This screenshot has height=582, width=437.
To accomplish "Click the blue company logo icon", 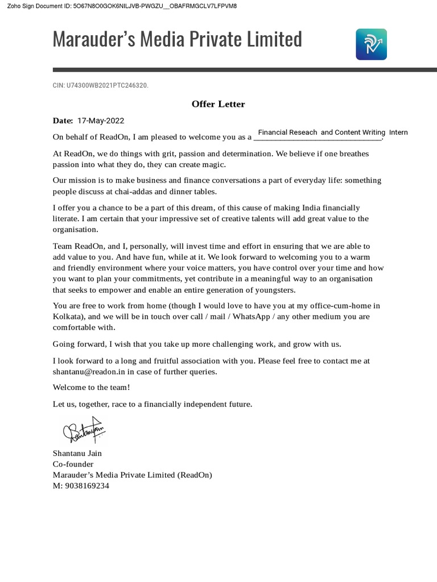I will coord(371,44).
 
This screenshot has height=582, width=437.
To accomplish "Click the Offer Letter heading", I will coord(218,104).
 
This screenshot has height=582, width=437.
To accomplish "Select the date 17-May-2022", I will coord(100,120).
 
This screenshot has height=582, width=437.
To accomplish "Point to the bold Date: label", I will coord(63,120).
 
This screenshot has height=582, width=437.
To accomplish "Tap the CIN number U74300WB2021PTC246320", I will coord(107,85).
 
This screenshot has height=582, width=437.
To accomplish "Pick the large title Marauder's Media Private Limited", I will coord(177,39).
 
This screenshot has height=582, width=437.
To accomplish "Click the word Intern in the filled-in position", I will coord(398,132).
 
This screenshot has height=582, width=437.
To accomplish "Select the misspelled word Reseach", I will coord(303,132).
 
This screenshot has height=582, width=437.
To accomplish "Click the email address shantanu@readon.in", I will coord(89,372).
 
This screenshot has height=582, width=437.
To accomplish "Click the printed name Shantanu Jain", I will coord(77,453).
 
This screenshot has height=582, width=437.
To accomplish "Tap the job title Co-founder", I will coord(73,464).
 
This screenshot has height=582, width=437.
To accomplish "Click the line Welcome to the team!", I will coord(92,387).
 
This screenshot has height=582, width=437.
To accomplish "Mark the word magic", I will coord(215,164).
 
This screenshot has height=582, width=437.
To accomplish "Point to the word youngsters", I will coord(275,290).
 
